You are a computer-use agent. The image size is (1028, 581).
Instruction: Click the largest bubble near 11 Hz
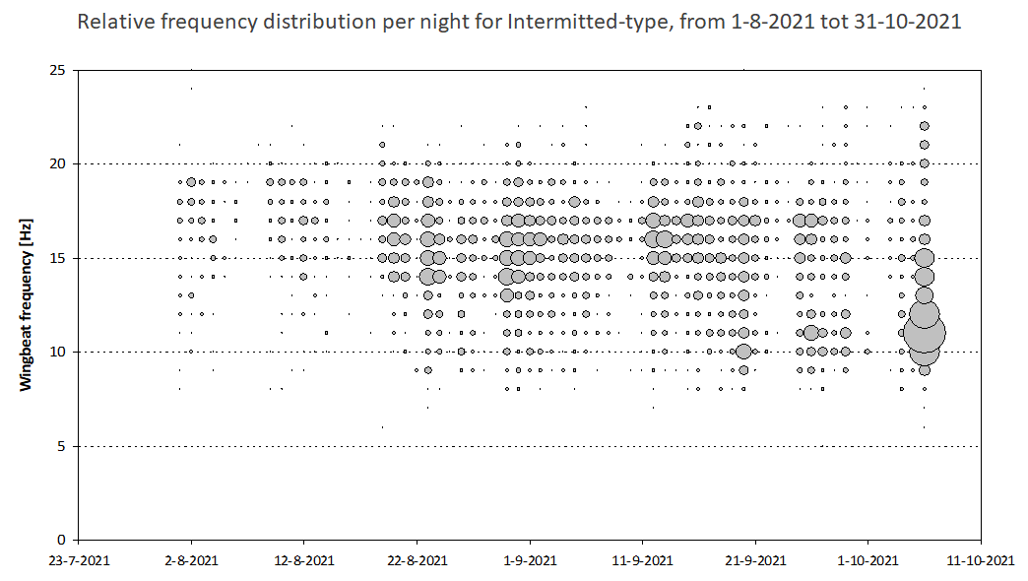coord(925,333)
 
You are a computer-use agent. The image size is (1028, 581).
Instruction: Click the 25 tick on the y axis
coord(58,70)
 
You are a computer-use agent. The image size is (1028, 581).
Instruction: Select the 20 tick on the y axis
coord(58,163)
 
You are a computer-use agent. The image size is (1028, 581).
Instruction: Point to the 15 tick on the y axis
coord(58,258)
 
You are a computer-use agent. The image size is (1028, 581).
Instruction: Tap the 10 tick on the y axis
coord(58,352)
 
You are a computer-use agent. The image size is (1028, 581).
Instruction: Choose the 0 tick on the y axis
coord(62,540)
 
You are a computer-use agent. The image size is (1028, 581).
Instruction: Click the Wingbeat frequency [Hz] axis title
coord(26,305)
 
